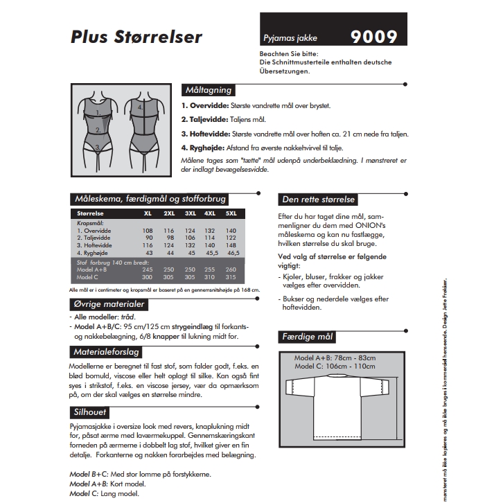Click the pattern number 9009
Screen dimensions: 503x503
pos(374,36)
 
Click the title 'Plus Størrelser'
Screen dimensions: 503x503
pos(136,35)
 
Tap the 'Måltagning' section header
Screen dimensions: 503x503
pos(208,90)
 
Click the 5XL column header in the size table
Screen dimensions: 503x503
pos(231,213)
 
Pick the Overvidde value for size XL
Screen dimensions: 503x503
pos(147,231)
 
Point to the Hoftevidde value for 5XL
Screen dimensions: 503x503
pos(231,245)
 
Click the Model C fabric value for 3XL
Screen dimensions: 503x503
pos(189,276)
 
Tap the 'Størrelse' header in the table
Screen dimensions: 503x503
pos(92,213)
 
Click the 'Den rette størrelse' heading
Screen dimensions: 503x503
pos(318,200)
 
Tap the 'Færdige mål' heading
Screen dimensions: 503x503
pos(308,337)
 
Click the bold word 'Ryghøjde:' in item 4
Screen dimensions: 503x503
pos(207,148)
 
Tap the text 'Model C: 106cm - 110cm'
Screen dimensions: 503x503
pos(335,366)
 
